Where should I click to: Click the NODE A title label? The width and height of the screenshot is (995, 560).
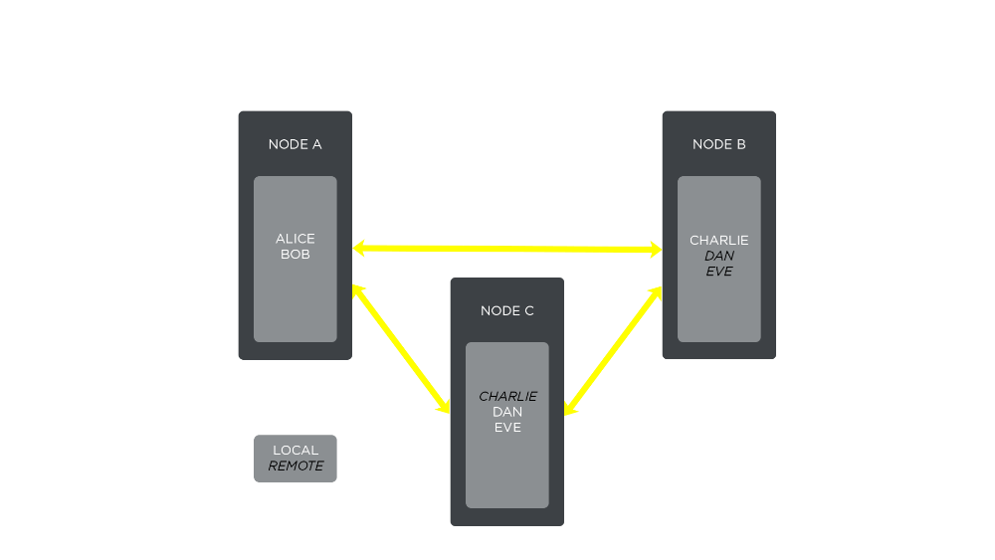295,144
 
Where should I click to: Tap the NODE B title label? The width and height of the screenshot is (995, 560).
718,144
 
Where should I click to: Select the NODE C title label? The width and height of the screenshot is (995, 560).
506,310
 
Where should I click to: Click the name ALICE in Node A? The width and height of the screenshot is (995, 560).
295,239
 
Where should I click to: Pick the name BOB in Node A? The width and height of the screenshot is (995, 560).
295,255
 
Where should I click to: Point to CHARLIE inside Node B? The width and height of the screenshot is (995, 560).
718,240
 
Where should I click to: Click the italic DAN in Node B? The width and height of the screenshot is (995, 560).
718,256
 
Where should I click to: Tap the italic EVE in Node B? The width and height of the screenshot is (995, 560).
718,272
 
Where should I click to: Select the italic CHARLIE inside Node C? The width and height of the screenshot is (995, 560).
507,396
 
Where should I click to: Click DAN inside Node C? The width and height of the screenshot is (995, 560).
507,412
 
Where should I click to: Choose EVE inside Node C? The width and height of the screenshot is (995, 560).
507,428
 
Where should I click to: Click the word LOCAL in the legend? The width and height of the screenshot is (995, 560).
296,451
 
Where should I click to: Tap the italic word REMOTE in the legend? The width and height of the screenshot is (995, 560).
296,466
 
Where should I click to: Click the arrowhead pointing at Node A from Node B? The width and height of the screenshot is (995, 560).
360,248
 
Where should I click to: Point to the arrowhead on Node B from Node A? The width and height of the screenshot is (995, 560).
655,249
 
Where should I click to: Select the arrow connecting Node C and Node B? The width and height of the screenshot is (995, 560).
613,351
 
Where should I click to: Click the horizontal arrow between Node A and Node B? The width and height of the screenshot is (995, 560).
507,248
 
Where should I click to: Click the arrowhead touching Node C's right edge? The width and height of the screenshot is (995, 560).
570,407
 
